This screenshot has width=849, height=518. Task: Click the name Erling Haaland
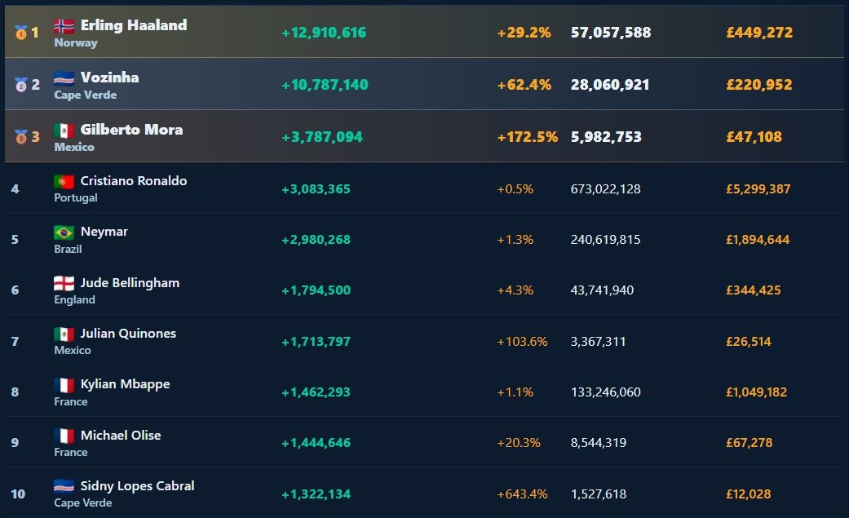coord(134,25)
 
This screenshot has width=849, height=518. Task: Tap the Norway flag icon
coord(64,25)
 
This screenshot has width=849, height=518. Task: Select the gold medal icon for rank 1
coord(20,33)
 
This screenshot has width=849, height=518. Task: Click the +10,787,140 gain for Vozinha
coord(325,85)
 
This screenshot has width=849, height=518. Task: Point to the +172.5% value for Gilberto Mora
coord(528,136)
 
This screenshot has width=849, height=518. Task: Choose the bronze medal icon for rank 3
coord(20,136)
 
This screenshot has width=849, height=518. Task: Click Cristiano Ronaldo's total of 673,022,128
coord(605,189)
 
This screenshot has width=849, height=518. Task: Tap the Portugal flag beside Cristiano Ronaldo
coord(64,181)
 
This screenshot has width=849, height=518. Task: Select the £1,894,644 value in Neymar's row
coord(758,240)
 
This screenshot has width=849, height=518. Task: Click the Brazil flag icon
coord(64,232)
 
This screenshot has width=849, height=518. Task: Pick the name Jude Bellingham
coord(130,283)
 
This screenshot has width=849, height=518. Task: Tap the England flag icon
coord(64,283)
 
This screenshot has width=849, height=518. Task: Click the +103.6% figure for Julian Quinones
coord(522,341)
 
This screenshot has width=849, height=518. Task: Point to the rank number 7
coord(15,341)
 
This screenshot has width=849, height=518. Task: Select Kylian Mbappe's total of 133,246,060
coord(605,392)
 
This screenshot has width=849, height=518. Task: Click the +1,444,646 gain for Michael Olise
coord(316,443)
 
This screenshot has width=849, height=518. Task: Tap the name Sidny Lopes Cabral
coord(138,486)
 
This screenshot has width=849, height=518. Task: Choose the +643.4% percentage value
coord(522,494)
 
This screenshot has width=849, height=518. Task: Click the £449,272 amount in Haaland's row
coord(759,33)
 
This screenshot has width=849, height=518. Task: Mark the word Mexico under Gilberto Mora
coord(74,147)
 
